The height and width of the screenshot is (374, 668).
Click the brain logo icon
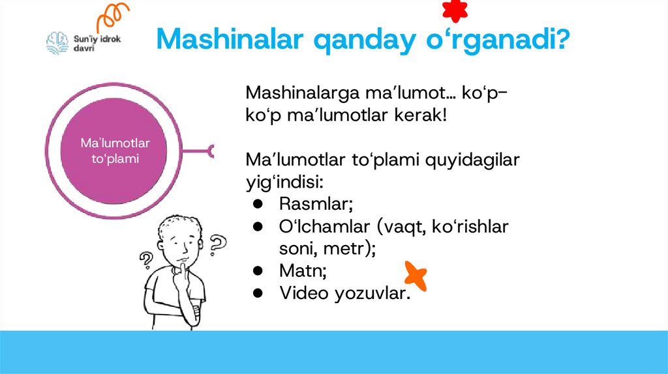point(57,43)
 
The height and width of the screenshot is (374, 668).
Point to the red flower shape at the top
point(454,10)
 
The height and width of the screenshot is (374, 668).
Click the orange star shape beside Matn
point(416,275)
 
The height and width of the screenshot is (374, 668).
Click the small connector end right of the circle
point(211,152)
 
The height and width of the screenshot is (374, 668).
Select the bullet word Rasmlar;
point(316,204)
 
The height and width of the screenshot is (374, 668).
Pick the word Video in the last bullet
point(304,293)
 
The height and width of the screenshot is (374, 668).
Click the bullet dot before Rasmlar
point(258,204)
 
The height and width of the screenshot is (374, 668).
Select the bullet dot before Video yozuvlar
point(258,293)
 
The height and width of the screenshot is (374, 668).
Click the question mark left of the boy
point(145,260)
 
